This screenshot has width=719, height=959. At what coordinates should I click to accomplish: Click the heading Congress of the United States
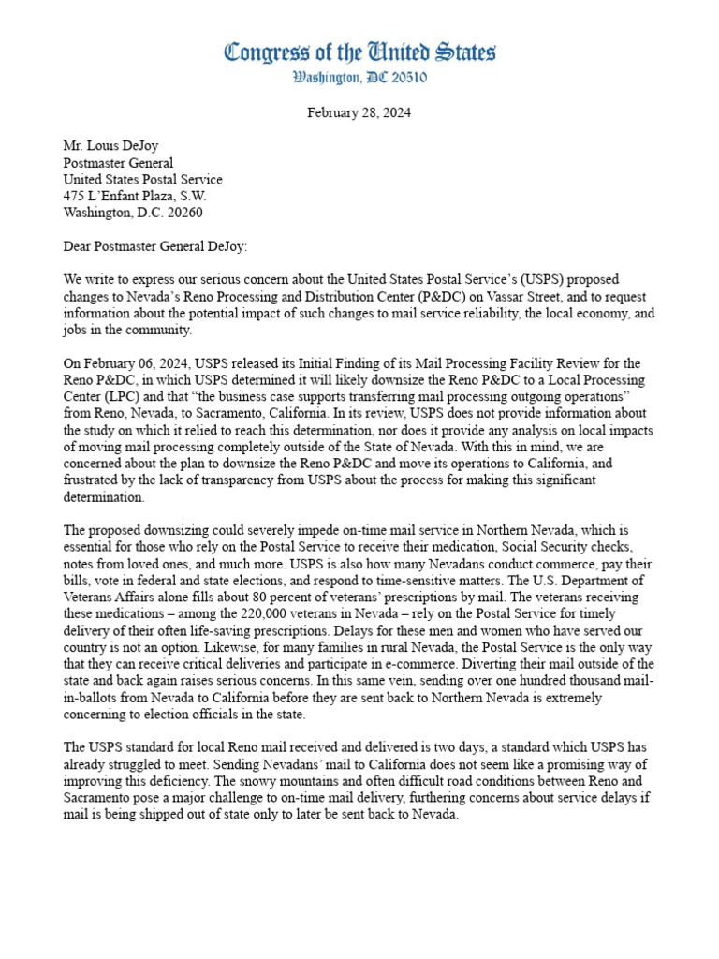(x=359, y=52)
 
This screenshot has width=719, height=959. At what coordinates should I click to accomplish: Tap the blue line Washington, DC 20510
(x=359, y=78)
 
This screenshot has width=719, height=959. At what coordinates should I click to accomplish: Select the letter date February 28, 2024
(x=359, y=112)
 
